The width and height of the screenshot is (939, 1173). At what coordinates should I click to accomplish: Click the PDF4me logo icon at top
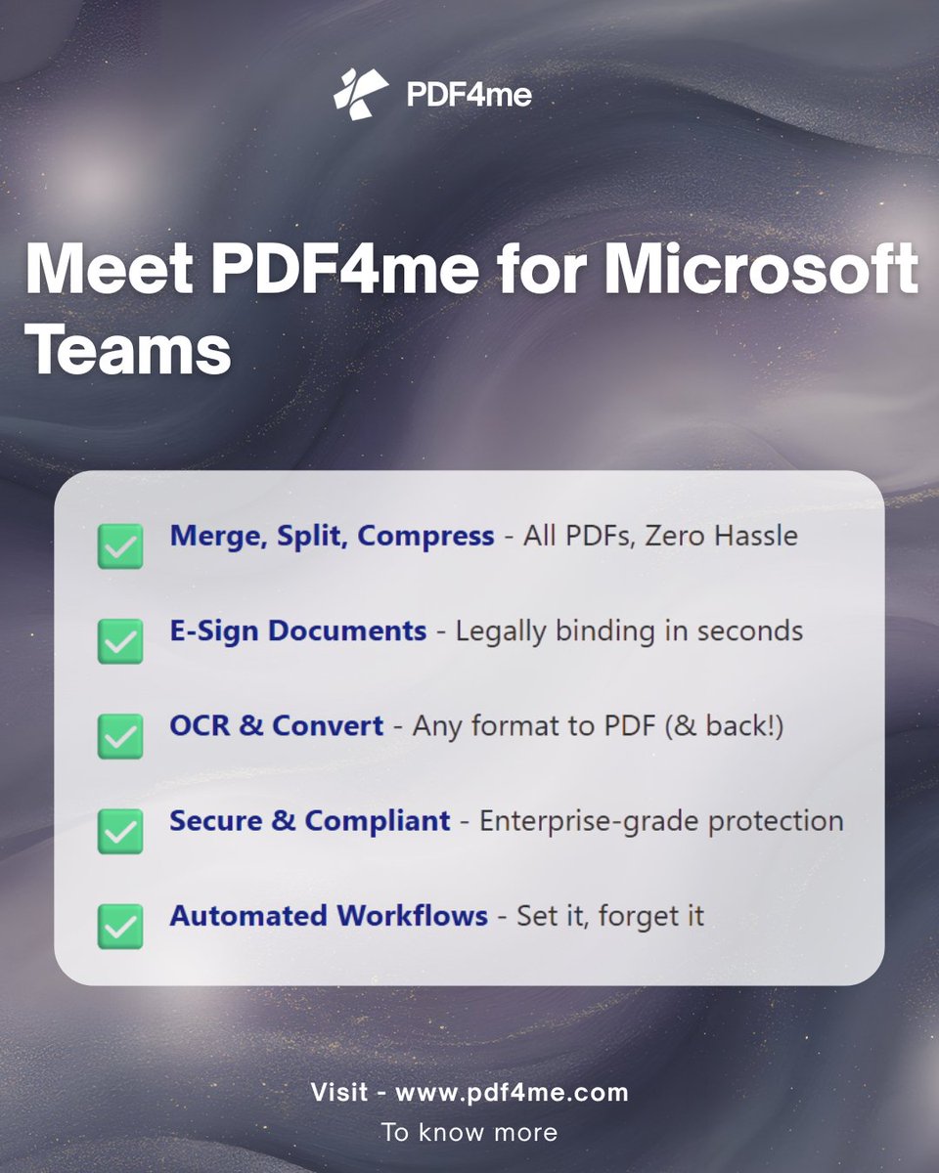[360, 94]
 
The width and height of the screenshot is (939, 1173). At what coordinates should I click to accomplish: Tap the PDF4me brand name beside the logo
[469, 95]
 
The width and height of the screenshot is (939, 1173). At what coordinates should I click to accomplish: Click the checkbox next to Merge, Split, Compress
[120, 546]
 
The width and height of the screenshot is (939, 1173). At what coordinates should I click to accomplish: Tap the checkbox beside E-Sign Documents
[120, 641]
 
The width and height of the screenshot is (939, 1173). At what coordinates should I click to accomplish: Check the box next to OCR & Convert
[120, 736]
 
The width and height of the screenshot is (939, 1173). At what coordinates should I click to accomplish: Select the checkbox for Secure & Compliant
[120, 831]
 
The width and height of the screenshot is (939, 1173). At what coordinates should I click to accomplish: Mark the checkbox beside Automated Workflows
[120, 926]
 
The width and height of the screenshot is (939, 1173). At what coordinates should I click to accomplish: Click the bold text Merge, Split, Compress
[332, 536]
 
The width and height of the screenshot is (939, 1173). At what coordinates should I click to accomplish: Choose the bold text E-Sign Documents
[297, 630]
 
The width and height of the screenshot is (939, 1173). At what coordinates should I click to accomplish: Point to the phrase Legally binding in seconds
[629, 630]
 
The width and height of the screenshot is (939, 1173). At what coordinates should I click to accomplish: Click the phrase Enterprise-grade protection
[661, 821]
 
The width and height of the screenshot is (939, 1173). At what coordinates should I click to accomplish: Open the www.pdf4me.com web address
[512, 1092]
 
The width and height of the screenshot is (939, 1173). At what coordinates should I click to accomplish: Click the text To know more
[469, 1132]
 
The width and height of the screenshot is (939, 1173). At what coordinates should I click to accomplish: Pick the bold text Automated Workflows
[329, 916]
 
